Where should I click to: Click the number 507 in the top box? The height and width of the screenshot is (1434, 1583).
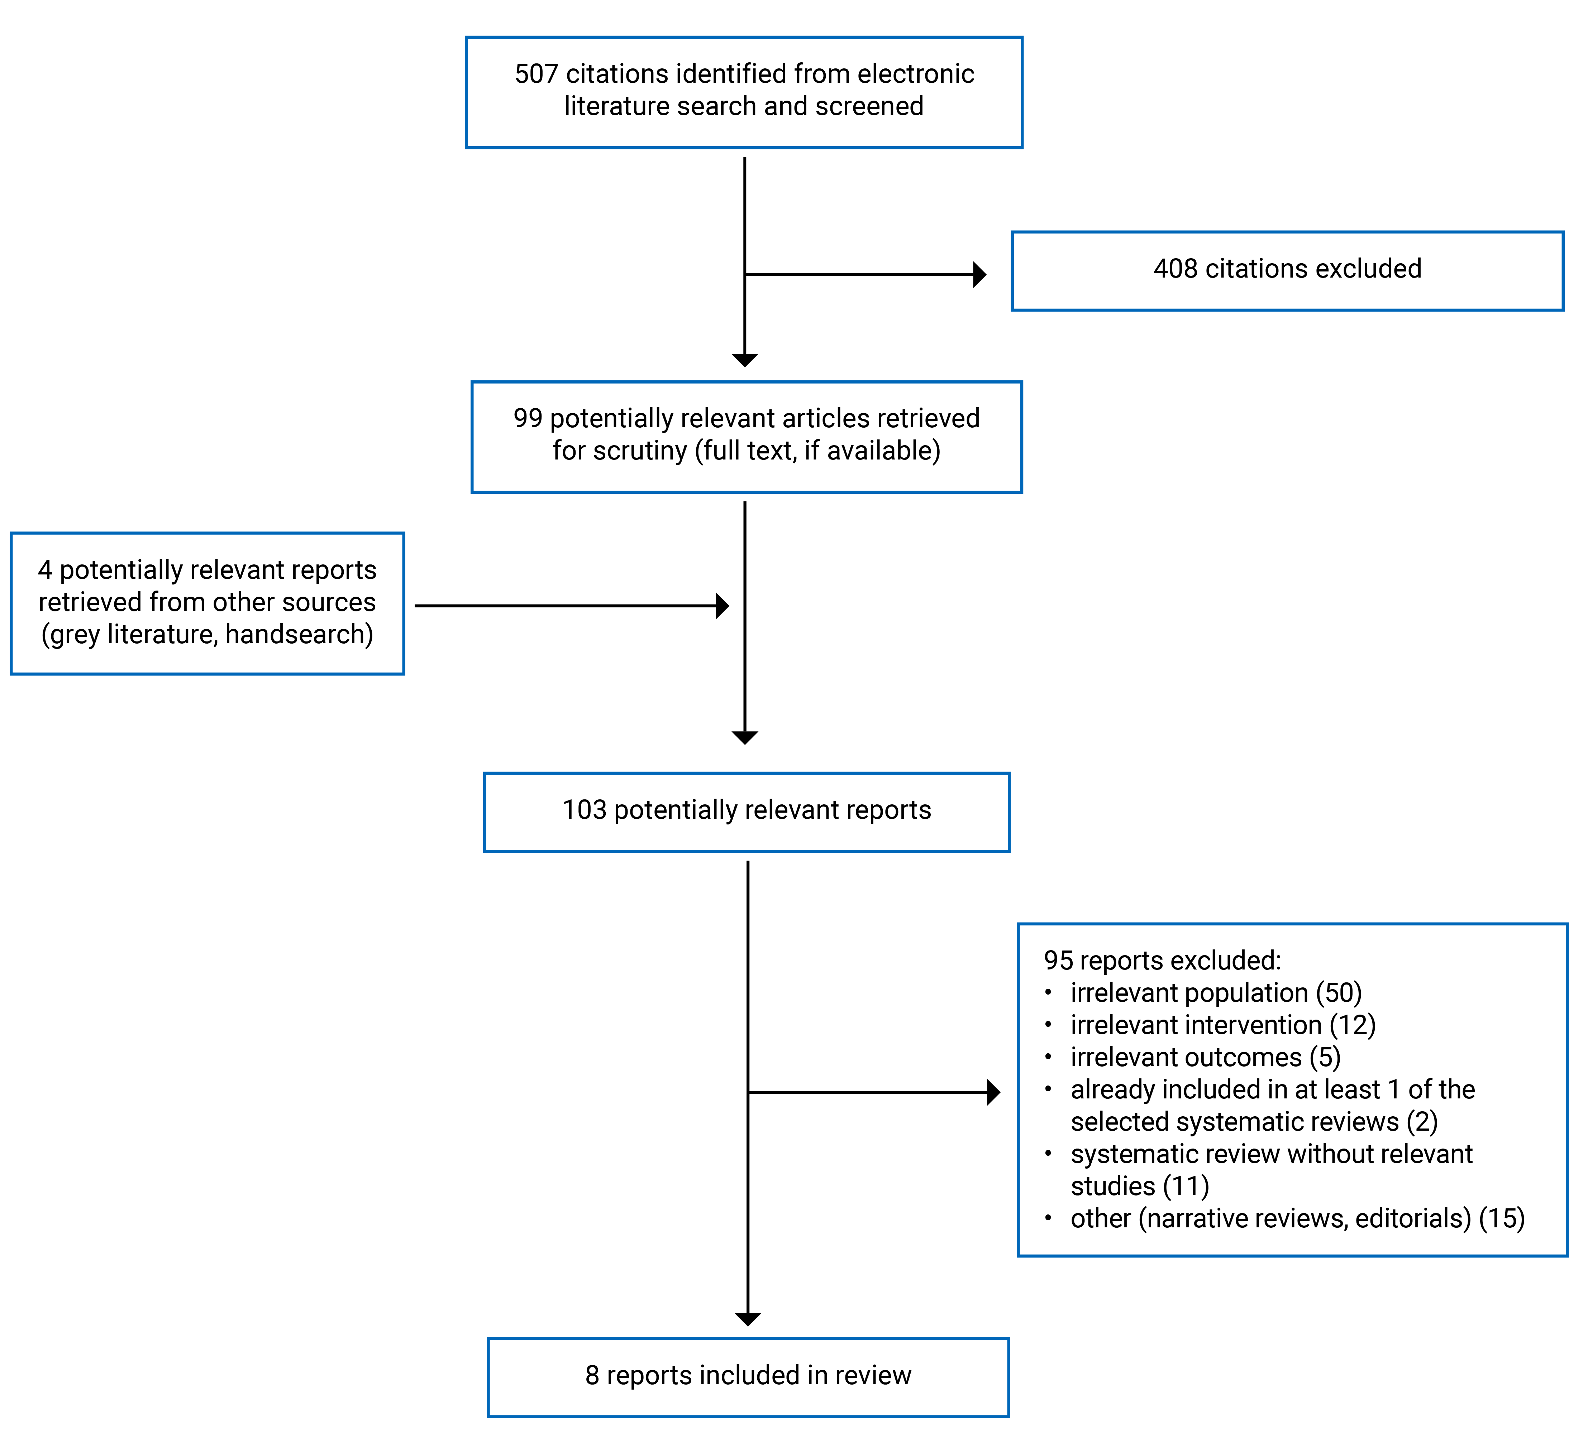pyautogui.click(x=536, y=74)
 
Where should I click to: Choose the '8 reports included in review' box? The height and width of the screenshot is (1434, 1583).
pyautogui.click(x=748, y=1375)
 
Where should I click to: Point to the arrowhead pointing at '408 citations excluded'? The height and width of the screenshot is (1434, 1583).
pyautogui.click(x=979, y=275)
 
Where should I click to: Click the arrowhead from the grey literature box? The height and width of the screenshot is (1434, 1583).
pyautogui.click(x=723, y=606)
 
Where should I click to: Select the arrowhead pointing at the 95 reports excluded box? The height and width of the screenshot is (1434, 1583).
pyautogui.click(x=993, y=1092)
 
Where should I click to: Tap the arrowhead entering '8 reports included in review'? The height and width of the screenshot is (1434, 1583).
pyautogui.click(x=748, y=1319)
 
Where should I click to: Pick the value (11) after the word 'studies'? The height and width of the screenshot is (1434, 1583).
pyautogui.click(x=1186, y=1186)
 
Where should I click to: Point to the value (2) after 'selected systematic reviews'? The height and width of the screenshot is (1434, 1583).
pyautogui.click(x=1422, y=1122)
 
